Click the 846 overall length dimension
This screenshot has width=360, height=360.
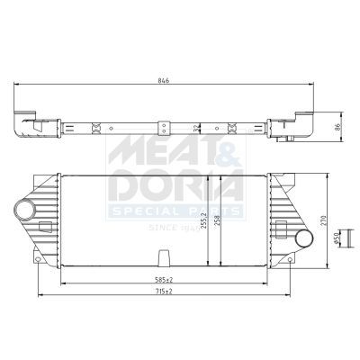(x=164, y=80)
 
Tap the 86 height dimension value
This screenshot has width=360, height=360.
(x=338, y=127)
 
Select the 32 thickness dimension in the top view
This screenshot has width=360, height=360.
(x=196, y=128)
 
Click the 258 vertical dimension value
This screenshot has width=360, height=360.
(x=218, y=222)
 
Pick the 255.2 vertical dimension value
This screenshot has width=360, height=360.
(x=204, y=221)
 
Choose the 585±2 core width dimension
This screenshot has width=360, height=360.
(x=164, y=280)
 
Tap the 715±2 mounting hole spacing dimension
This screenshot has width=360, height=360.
(x=164, y=292)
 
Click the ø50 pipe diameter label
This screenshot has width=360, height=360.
(x=337, y=238)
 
